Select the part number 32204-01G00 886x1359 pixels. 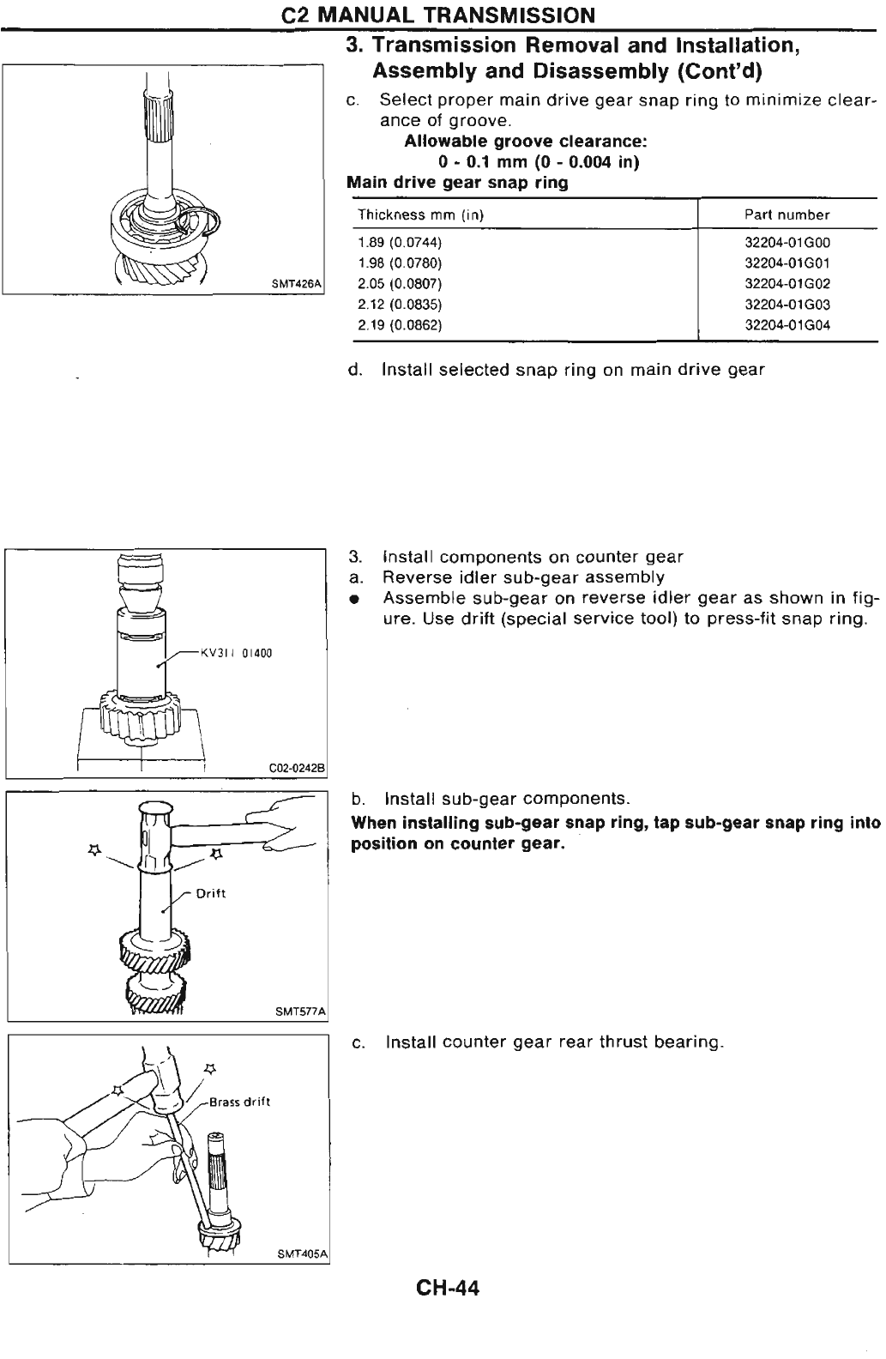[x=787, y=243]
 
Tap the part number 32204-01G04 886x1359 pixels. [x=787, y=325]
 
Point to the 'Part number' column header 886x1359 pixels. [x=787, y=214]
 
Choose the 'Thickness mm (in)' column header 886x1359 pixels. [x=421, y=214]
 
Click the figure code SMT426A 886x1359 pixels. [x=296, y=282]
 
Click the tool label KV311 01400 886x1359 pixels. [x=235, y=654]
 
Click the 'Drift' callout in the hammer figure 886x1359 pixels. [x=211, y=893]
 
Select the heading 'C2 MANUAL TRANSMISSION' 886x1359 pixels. [x=442, y=15]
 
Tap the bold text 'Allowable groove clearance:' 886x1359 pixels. [x=526, y=142]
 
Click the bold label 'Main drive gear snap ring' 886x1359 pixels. [x=457, y=183]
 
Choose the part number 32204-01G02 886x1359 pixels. [x=787, y=284]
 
